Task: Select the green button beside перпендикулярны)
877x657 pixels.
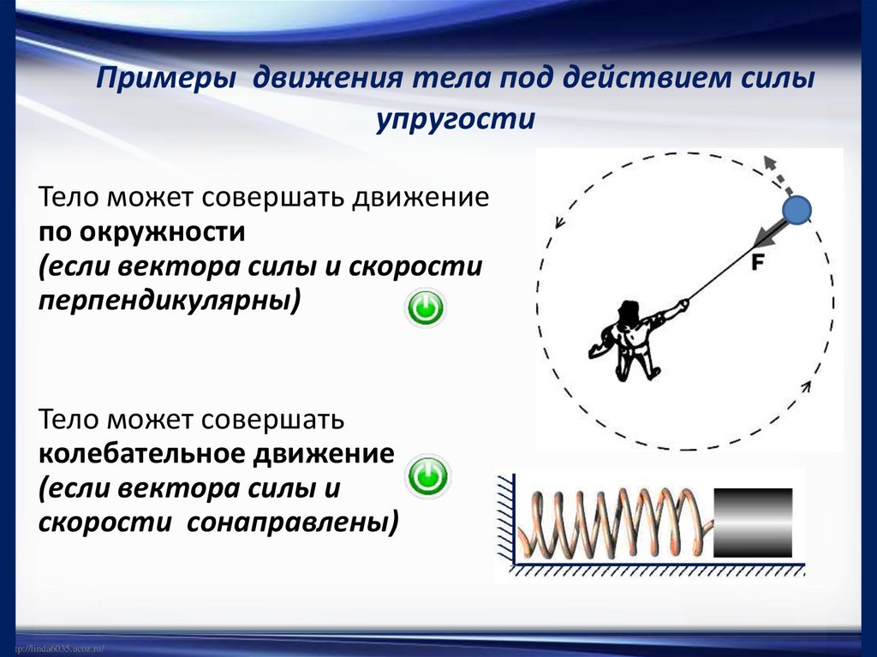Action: [425, 308]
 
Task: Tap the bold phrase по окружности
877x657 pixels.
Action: [141, 232]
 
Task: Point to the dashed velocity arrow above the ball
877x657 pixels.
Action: [775, 176]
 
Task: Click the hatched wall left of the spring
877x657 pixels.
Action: [504, 523]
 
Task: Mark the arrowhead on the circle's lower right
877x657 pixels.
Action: [805, 387]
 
